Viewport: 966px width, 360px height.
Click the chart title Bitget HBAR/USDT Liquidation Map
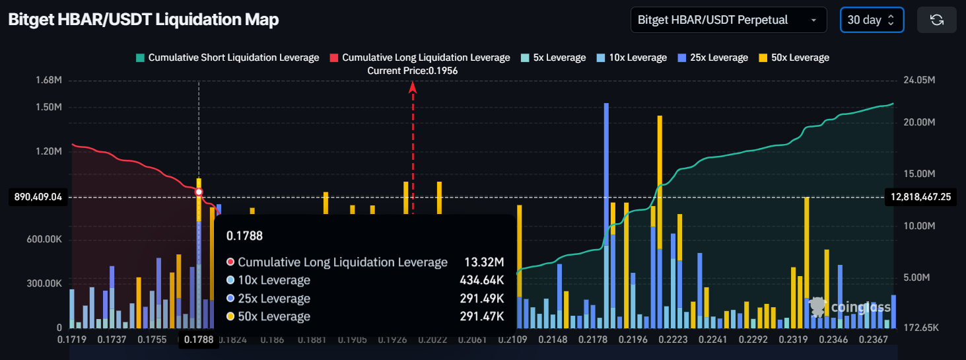(143, 20)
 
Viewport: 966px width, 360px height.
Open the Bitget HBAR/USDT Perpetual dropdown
(728, 20)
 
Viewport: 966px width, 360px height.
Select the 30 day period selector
(871, 20)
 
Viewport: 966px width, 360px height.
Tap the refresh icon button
(936, 20)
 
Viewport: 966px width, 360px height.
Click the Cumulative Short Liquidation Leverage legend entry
(227, 57)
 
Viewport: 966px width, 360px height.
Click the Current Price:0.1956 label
(413, 70)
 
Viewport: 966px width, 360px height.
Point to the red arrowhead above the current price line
(413, 86)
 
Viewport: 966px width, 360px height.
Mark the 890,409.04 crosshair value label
(38, 197)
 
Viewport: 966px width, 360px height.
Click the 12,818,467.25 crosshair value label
(920, 197)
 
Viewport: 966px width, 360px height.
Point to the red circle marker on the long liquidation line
(199, 192)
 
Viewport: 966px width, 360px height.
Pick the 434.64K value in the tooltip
(481, 280)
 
